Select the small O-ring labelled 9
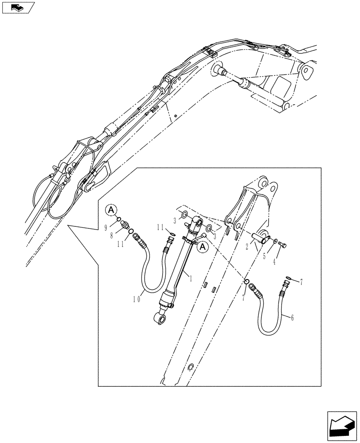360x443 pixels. coord(118,219)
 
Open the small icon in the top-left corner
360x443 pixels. coord(17,7)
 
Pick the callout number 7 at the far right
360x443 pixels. coord(302,281)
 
